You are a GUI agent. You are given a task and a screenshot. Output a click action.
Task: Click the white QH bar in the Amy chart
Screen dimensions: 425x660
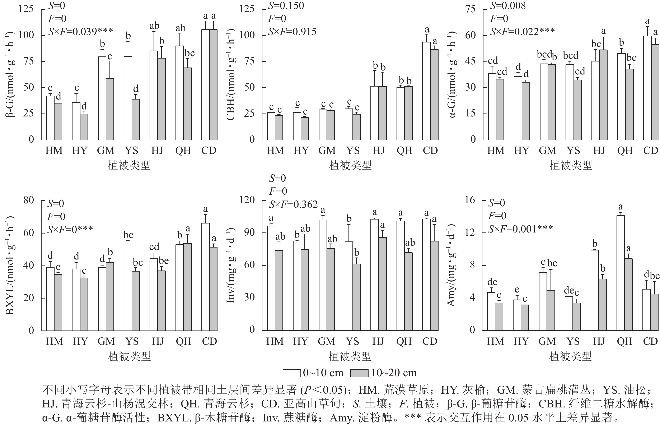(621, 273)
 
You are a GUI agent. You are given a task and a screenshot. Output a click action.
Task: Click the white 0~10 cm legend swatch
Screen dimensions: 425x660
(291, 373)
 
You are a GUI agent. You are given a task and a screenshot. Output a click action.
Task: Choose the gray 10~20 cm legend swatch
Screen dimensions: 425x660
(359, 373)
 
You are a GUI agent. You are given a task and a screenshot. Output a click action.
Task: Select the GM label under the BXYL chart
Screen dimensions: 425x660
(106, 341)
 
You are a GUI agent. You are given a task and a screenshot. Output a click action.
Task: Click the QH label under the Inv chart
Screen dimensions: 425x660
(404, 341)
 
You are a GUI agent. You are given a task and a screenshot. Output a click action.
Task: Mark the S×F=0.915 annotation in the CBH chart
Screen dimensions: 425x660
(292, 32)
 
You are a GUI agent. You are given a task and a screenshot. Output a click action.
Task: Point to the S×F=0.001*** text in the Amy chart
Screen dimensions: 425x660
(520, 228)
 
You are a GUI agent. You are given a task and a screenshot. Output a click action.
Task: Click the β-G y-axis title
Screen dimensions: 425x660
(10, 74)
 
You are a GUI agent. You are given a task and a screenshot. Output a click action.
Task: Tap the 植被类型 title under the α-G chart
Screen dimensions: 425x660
(571, 165)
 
